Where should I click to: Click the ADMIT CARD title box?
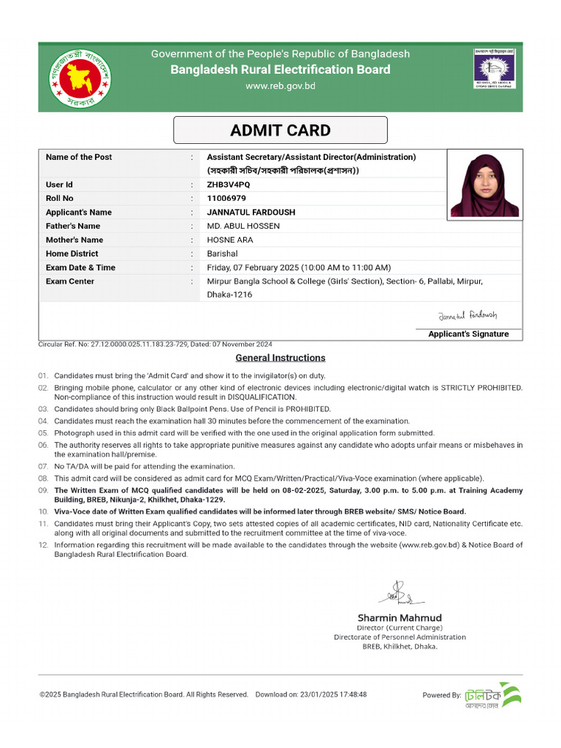click(x=280, y=131)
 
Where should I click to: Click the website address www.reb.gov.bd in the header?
click(x=280, y=86)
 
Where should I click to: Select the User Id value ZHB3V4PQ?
click(x=228, y=185)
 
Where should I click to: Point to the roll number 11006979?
click(x=226, y=199)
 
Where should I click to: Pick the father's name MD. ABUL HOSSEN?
click(x=243, y=226)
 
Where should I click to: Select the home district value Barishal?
click(x=222, y=253)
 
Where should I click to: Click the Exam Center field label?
click(x=70, y=281)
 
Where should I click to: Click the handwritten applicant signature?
click(x=467, y=316)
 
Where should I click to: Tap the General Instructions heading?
click(x=280, y=358)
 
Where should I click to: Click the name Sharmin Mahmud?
click(x=400, y=618)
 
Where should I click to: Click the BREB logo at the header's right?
click(x=495, y=68)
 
